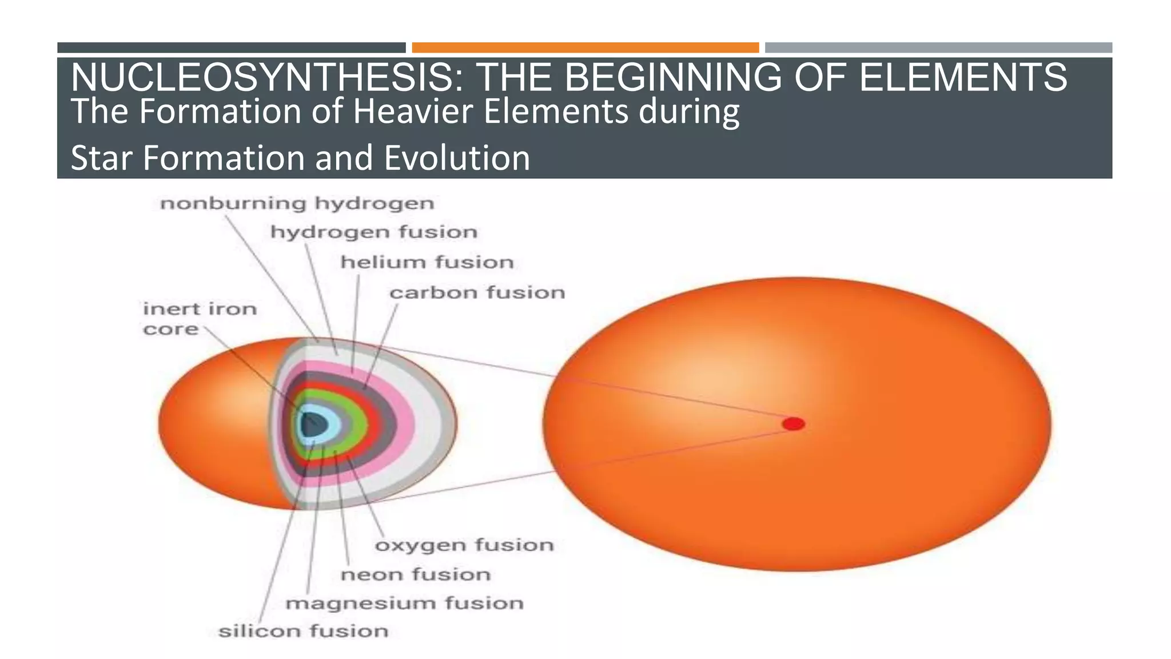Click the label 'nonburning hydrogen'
tap(297, 204)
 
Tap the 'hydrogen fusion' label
tap(373, 232)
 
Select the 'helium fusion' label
tap(427, 263)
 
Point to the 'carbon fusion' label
tap(477, 293)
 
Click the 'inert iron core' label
tap(200, 319)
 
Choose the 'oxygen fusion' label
tap(464, 545)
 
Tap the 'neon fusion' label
tap(416, 574)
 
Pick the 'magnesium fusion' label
tap(404, 604)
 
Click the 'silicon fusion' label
tap(303, 632)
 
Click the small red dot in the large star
tap(794, 424)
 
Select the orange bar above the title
tap(585, 47)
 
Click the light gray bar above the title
tap(938, 47)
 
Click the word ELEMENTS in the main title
tap(963, 77)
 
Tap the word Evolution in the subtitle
tap(457, 158)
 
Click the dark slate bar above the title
tap(231, 47)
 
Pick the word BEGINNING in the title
tap(673, 77)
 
